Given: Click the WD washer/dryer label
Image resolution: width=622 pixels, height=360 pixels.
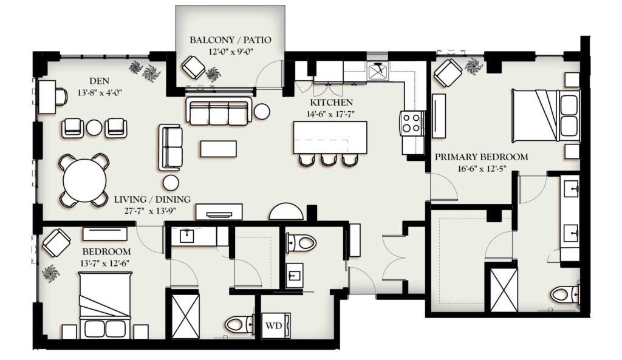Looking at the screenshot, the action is click(273, 326).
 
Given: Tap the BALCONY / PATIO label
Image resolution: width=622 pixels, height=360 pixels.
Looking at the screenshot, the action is click(230, 39).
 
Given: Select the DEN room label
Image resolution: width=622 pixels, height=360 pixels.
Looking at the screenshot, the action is click(99, 81).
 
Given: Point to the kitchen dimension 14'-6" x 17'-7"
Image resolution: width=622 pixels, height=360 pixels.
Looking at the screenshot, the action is click(330, 114).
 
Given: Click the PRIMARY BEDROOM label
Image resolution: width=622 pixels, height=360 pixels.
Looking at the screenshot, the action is click(482, 157).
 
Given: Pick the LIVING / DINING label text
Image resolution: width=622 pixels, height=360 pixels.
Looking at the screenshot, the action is click(152, 200).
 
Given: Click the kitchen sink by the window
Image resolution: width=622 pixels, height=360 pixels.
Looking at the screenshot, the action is click(378, 72).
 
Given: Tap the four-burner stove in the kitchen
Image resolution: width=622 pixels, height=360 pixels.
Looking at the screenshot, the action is click(411, 123).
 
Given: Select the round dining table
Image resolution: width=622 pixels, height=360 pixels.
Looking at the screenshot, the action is click(84, 180).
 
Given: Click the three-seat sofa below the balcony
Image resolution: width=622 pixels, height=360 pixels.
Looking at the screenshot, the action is click(219, 112).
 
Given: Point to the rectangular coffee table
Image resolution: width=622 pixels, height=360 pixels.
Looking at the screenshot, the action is click(219, 149).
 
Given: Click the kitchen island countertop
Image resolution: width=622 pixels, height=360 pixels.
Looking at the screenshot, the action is click(330, 138).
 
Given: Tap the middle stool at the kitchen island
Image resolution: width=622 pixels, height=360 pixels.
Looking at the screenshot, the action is click(329, 160).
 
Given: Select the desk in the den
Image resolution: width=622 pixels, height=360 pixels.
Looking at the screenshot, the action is click(46, 97).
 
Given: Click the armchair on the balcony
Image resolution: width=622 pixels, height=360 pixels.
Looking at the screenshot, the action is click(193, 67).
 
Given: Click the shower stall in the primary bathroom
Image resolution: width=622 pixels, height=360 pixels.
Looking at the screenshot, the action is click(504, 290).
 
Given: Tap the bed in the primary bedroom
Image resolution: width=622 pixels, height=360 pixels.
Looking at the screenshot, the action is click(545, 115).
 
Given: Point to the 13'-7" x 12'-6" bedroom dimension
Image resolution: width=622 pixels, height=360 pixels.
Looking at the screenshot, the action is click(106, 263).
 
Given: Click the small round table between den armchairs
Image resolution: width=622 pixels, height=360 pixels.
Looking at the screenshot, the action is click(94, 127).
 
